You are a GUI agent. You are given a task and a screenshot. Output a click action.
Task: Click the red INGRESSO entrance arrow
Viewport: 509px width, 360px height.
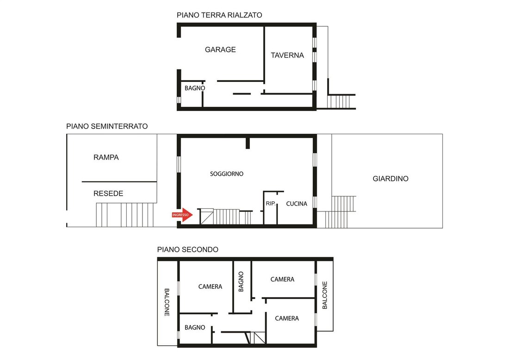182,215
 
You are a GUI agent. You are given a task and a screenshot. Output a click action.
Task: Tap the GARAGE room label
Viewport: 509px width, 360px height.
220,50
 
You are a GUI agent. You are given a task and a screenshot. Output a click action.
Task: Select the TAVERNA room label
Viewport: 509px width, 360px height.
287,56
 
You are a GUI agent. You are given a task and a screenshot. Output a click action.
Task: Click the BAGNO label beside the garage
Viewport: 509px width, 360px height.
195,88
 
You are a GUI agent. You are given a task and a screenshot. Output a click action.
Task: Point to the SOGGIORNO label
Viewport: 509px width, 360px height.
227,174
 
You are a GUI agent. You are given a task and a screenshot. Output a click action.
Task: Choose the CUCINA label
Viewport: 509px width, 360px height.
296,204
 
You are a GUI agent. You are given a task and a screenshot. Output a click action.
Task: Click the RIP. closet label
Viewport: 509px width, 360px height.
271,204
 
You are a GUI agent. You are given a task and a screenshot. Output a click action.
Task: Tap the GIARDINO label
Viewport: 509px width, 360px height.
391,179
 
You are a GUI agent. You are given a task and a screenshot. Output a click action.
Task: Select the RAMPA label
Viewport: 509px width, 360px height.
106,157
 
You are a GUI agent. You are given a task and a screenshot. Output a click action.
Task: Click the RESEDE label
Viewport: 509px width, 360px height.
108,193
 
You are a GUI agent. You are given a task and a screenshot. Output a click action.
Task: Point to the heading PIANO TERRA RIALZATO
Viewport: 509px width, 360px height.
219,15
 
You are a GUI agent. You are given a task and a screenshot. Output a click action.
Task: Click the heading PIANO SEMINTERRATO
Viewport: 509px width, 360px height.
107,126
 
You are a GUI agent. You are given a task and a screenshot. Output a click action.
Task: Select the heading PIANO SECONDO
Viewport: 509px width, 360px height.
187,249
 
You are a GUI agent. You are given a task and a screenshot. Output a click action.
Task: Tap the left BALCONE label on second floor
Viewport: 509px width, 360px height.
167,302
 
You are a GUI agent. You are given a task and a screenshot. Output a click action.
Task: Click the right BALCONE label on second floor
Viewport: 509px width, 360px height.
325,295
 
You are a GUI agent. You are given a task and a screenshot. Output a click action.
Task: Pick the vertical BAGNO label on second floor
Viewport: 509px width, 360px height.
241,282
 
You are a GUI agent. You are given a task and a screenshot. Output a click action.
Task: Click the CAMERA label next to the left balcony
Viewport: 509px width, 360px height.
211,286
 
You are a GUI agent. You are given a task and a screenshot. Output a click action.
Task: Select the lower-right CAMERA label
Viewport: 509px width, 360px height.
287,318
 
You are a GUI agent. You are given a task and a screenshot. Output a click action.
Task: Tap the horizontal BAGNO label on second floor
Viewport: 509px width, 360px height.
195,328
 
